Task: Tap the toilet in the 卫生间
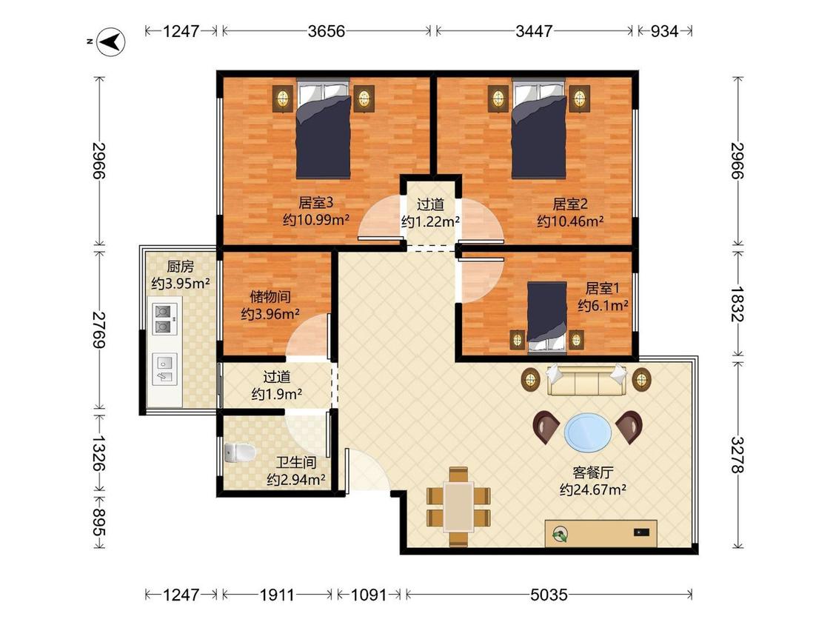(240, 452)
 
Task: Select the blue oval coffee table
(588, 432)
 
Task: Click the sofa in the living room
(586, 380)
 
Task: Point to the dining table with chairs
(458, 507)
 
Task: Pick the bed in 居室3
(324, 129)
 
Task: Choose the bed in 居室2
(539, 129)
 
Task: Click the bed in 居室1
(547, 317)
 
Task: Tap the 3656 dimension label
(327, 31)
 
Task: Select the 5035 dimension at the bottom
(549, 595)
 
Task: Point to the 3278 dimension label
(737, 455)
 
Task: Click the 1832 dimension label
(737, 304)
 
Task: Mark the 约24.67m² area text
(592, 490)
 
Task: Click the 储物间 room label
(270, 297)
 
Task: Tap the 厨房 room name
(180, 267)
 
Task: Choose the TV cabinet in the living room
(601, 533)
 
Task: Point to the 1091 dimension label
(369, 595)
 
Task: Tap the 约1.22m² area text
(430, 222)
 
